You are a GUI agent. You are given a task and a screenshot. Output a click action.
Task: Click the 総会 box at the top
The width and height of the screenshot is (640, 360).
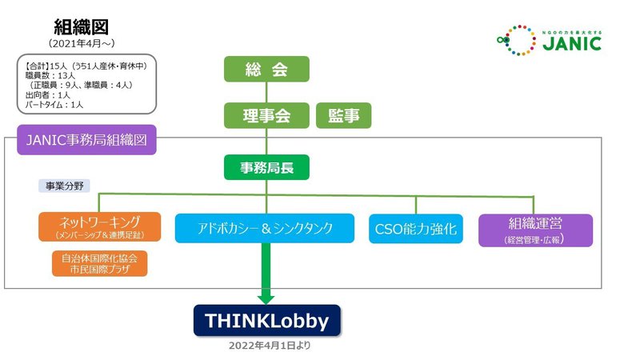point(267,70)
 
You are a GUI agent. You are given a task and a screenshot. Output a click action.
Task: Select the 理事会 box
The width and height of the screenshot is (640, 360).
point(267,116)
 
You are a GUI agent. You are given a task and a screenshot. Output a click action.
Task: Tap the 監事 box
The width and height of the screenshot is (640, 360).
point(344,116)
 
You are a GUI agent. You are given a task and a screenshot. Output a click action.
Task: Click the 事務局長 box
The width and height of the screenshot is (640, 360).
point(267,169)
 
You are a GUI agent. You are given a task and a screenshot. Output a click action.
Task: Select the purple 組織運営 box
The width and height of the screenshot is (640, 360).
point(535,229)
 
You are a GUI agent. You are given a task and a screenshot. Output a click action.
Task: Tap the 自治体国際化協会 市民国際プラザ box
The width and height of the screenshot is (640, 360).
point(99,264)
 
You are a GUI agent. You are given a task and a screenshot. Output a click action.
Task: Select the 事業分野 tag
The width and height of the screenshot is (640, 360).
point(64,186)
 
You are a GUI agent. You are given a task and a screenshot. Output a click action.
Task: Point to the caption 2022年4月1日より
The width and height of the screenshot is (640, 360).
point(267,346)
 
